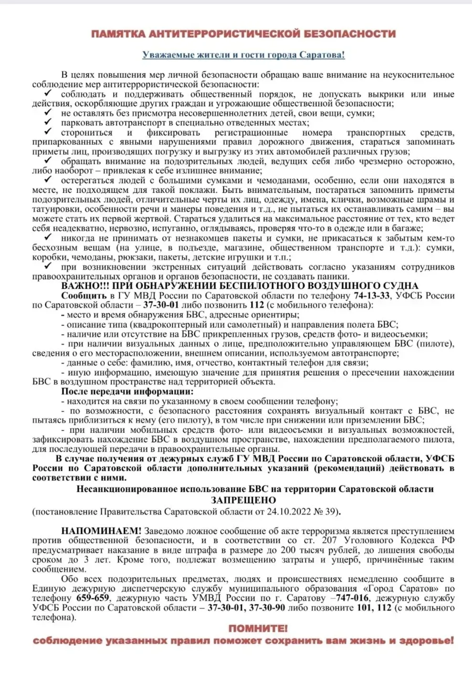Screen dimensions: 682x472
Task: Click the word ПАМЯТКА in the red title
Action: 118,34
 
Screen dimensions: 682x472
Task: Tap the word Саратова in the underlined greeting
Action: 321,55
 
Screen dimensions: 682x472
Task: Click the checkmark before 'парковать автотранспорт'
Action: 48,122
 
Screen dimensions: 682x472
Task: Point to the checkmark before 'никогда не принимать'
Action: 48,237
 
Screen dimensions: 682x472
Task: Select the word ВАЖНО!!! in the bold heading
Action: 84,286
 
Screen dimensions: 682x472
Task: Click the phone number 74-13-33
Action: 371,295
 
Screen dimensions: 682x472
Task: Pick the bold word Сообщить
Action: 84,295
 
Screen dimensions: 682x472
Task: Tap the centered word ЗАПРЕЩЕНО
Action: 243,500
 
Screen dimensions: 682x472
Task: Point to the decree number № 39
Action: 326,511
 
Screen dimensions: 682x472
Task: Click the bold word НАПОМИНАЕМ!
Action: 101,531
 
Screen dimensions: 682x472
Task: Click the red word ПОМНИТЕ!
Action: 258,628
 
